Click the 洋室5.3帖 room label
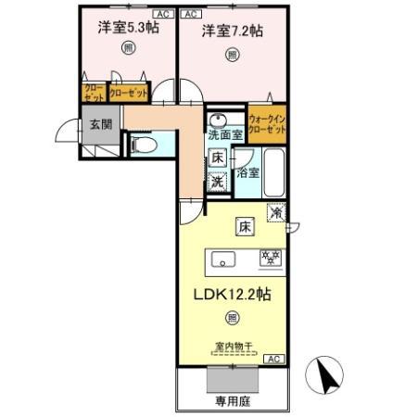point(127,30)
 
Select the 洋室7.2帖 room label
point(232,31)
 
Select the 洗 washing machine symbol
point(217,182)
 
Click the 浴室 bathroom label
point(247,172)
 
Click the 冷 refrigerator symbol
point(277,212)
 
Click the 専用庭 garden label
point(234,400)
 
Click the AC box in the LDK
point(274,358)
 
